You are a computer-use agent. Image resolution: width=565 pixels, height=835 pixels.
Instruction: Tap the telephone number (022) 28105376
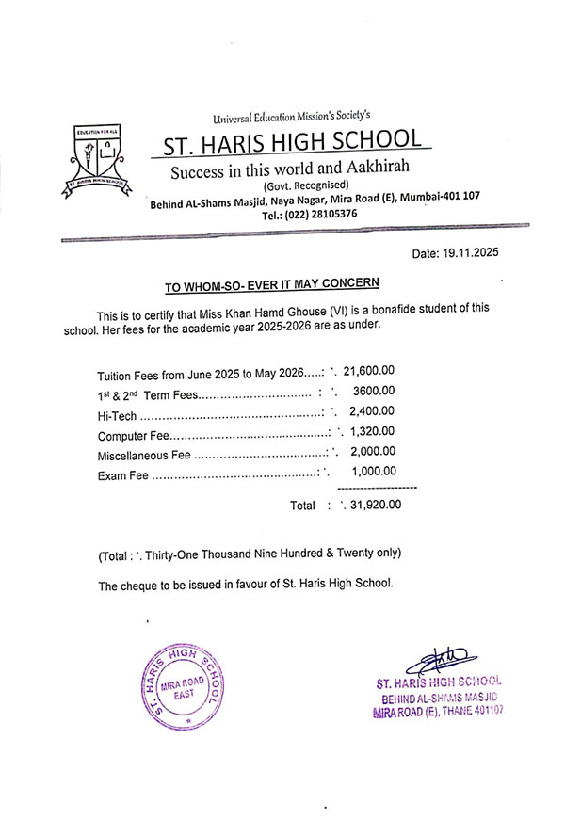322,215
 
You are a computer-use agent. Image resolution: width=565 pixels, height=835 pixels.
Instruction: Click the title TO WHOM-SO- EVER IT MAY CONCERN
273,283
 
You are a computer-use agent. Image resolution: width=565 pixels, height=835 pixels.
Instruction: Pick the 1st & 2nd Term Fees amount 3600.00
374,392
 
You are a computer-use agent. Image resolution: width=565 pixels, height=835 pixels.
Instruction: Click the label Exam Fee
123,474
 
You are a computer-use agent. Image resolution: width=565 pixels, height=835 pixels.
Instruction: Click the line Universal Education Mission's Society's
292,117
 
